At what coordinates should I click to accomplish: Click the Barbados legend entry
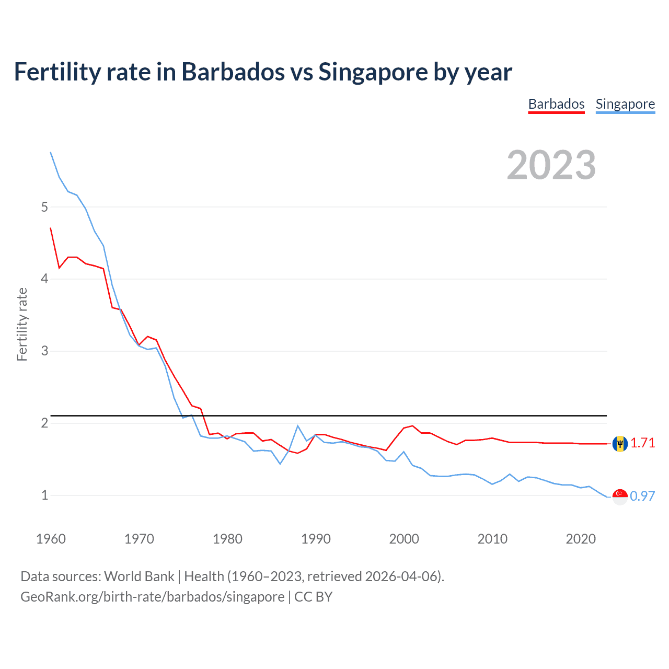pyautogui.click(x=556, y=104)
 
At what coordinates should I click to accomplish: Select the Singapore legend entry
pyautogui.click(x=625, y=104)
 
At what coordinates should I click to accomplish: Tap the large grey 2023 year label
pyautogui.click(x=551, y=165)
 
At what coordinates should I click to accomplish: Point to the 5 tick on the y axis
pyautogui.click(x=44, y=207)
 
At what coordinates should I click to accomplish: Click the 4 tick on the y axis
pyautogui.click(x=44, y=279)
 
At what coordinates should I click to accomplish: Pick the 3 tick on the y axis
pyautogui.click(x=44, y=351)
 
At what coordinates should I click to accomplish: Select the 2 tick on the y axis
pyautogui.click(x=44, y=423)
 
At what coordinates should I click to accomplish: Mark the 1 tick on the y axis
pyautogui.click(x=44, y=495)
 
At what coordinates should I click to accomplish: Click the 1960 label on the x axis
pyautogui.click(x=51, y=539)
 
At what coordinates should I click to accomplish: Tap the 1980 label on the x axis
pyautogui.click(x=227, y=539)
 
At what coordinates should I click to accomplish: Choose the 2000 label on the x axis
pyautogui.click(x=404, y=539)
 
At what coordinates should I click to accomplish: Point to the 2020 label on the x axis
pyautogui.click(x=581, y=539)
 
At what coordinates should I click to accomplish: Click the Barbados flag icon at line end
pyautogui.click(x=620, y=444)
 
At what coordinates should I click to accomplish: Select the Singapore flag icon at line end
pyautogui.click(x=620, y=497)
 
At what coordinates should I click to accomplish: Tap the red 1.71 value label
pyautogui.click(x=642, y=443)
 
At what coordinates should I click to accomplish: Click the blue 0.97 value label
pyautogui.click(x=642, y=496)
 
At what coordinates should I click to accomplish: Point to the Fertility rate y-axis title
pyautogui.click(x=22, y=324)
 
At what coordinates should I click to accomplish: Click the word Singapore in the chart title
pyautogui.click(x=372, y=72)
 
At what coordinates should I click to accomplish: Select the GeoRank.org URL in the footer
pyautogui.click(x=152, y=597)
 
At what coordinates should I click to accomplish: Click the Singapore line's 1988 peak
pyautogui.click(x=298, y=425)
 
